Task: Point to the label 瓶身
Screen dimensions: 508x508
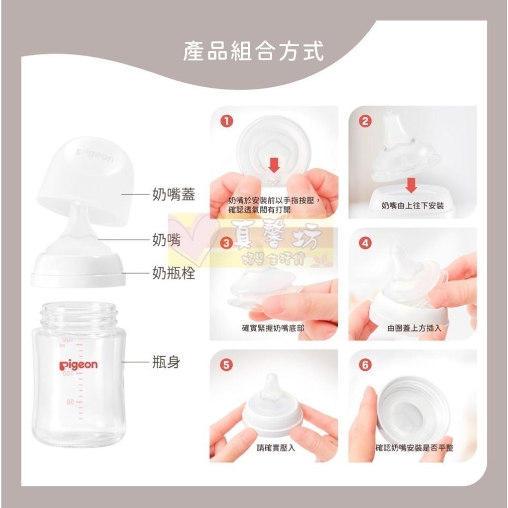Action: pyautogui.click(x=166, y=363)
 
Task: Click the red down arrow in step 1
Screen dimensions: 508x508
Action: pyautogui.click(x=274, y=165)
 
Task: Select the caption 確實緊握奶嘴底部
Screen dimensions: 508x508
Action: pyautogui.click(x=273, y=328)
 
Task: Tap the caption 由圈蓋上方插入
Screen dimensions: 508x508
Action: pyautogui.click(x=414, y=328)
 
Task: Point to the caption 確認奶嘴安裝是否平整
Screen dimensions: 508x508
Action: pyautogui.click(x=415, y=448)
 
